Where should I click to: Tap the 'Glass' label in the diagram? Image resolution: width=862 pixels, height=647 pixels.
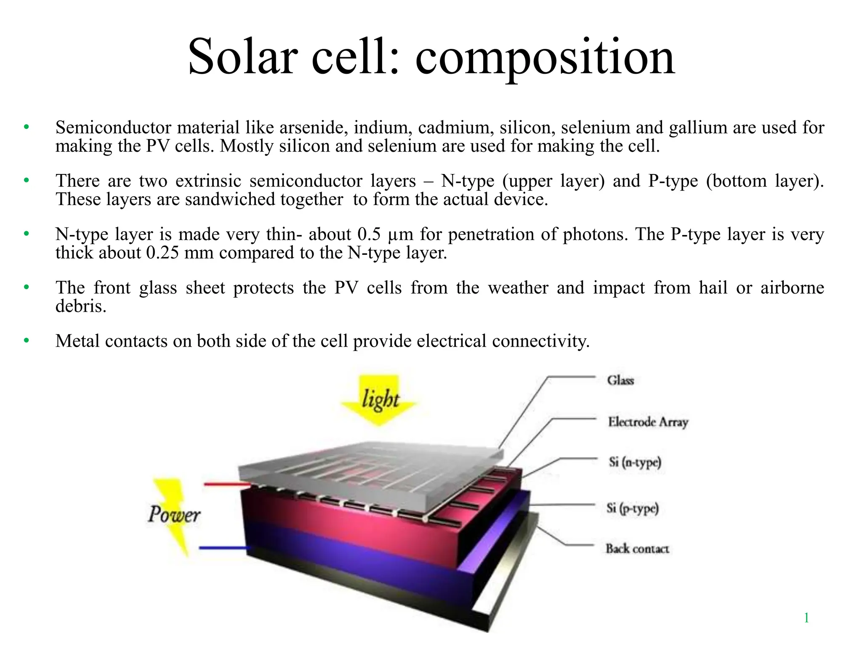click(620, 380)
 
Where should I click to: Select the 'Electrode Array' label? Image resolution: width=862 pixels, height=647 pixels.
click(648, 422)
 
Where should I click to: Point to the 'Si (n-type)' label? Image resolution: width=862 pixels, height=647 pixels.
click(635, 463)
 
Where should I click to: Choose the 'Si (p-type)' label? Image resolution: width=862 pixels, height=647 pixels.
click(632, 508)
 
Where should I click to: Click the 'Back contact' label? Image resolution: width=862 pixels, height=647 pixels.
click(637, 548)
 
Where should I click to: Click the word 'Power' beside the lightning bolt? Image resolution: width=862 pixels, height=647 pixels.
click(174, 514)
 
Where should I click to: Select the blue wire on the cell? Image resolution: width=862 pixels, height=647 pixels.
click(223, 548)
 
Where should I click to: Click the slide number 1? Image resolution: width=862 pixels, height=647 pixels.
click(806, 618)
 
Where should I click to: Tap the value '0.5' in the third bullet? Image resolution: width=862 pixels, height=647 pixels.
click(369, 234)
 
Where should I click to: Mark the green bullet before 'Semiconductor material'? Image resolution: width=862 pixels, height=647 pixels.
click(27, 127)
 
